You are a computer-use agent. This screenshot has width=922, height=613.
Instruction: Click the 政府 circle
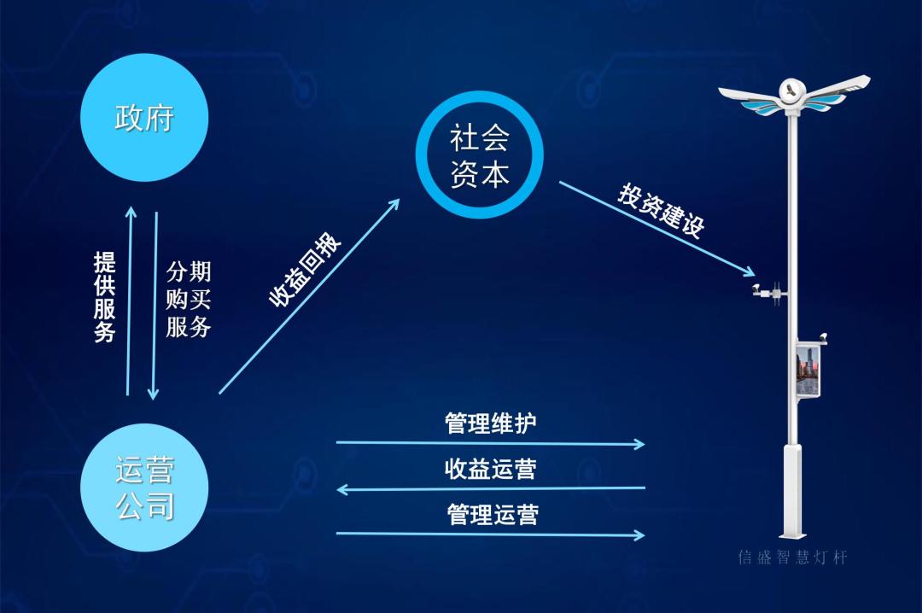[144, 117]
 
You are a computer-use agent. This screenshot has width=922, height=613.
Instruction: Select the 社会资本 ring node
[479, 155]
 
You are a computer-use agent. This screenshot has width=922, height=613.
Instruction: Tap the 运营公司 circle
[144, 487]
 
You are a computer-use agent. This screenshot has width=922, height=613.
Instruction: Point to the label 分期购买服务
[188, 299]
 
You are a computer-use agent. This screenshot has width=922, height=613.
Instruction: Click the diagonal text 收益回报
[306, 269]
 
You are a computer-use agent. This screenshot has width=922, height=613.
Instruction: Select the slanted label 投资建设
[661, 210]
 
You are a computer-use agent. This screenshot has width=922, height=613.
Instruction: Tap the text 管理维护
[491, 423]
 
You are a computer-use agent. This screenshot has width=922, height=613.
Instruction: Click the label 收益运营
[491, 469]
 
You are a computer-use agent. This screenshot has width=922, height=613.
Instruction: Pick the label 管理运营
[493, 514]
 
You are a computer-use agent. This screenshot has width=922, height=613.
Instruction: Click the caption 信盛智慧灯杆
[792, 558]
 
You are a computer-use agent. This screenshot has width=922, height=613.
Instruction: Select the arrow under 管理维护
[491, 443]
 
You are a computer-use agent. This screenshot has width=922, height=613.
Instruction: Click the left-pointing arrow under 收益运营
[491, 489]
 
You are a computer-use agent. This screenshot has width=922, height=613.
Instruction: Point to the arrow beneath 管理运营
[491, 534]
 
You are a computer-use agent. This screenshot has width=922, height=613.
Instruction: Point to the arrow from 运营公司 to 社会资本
[309, 295]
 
